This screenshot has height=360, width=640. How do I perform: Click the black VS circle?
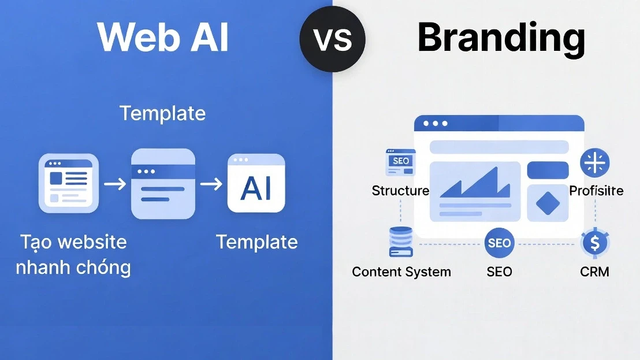point(332,39)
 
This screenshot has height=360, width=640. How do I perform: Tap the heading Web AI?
point(163,38)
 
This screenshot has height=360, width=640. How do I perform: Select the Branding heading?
point(501,38)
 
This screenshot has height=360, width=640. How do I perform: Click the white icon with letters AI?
point(256,184)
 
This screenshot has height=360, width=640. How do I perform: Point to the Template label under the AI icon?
point(256,242)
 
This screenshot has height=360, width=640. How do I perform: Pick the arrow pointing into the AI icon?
point(211,184)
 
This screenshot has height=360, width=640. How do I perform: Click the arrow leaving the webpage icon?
point(115,184)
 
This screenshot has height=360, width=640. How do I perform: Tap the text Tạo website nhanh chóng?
point(74,254)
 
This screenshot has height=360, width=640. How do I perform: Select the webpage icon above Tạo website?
point(69,183)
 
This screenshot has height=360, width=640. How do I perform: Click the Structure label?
point(400,191)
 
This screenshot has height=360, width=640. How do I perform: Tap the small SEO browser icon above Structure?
point(400,162)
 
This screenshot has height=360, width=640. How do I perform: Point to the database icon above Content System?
point(400,242)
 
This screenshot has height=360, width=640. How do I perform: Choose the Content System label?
point(401,272)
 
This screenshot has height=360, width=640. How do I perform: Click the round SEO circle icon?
point(499,243)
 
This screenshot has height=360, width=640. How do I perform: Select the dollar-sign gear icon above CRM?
point(594,243)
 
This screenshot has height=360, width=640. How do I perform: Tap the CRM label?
point(594,271)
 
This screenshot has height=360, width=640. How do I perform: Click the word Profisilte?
point(596,191)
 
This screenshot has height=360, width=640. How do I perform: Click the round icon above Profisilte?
point(595,162)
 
